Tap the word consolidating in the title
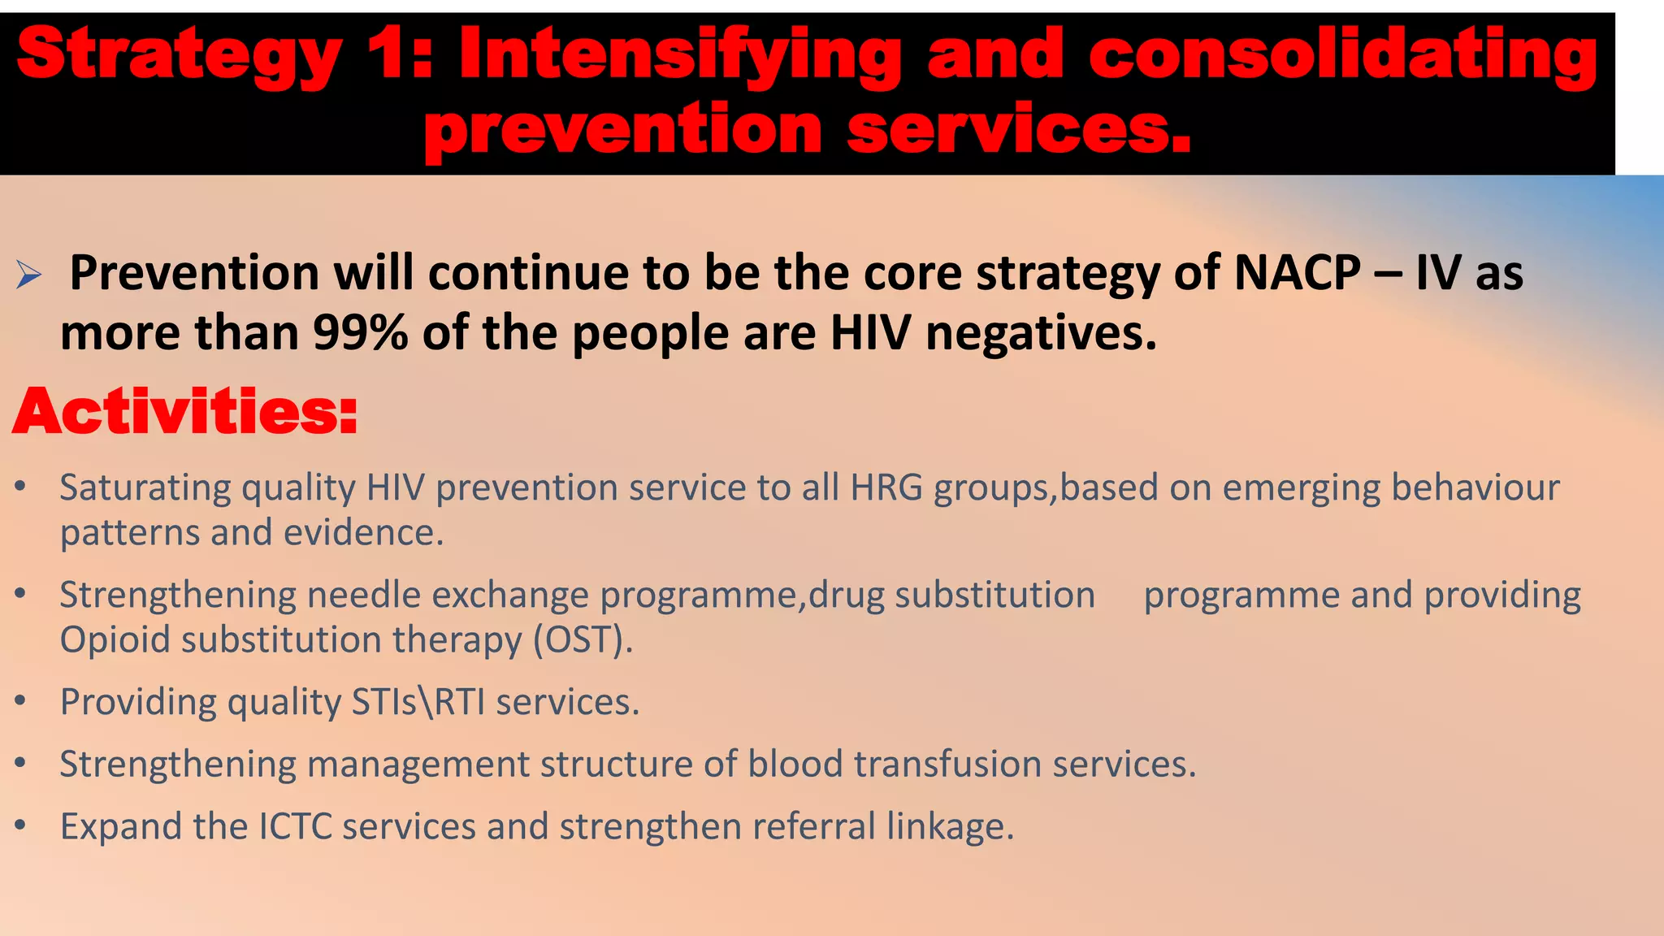1342,55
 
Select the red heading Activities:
185,412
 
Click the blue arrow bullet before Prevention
28,275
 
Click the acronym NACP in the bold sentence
1297,273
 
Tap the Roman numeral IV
1437,273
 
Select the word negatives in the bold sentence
1041,333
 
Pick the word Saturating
145,487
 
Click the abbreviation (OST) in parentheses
583,640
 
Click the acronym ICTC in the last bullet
296,826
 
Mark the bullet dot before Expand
21,825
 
